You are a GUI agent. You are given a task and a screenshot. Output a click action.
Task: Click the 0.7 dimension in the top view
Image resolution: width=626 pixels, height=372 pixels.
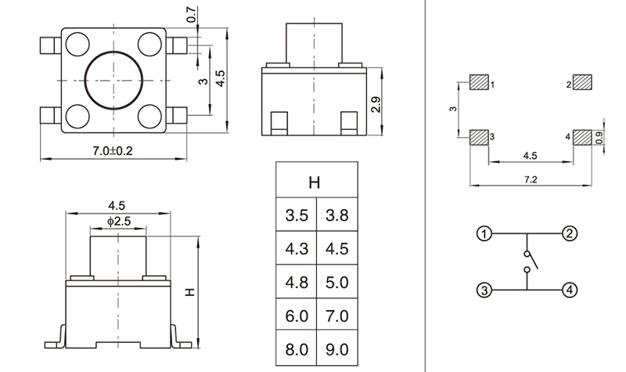coord(192,15)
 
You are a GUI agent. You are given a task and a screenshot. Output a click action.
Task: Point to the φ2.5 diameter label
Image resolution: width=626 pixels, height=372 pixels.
coord(117,222)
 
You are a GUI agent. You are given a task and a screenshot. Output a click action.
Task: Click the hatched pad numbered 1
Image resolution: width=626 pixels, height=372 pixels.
coord(478,82)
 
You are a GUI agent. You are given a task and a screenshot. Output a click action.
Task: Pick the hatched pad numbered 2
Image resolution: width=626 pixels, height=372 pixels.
coord(581,82)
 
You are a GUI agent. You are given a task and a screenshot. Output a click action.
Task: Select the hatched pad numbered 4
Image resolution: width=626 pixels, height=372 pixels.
coord(581,138)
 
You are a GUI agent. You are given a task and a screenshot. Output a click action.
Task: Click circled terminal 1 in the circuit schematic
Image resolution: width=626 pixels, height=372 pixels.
coord(484,234)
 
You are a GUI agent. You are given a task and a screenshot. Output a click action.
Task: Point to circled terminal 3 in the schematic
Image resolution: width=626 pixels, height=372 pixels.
coord(484,290)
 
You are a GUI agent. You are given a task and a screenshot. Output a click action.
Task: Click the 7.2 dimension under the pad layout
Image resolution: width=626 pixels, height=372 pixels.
coord(529,179)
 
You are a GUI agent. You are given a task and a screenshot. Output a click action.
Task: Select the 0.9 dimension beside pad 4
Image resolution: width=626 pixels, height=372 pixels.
coord(599,138)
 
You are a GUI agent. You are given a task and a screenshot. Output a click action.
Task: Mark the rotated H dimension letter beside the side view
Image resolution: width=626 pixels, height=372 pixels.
coord(189,291)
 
